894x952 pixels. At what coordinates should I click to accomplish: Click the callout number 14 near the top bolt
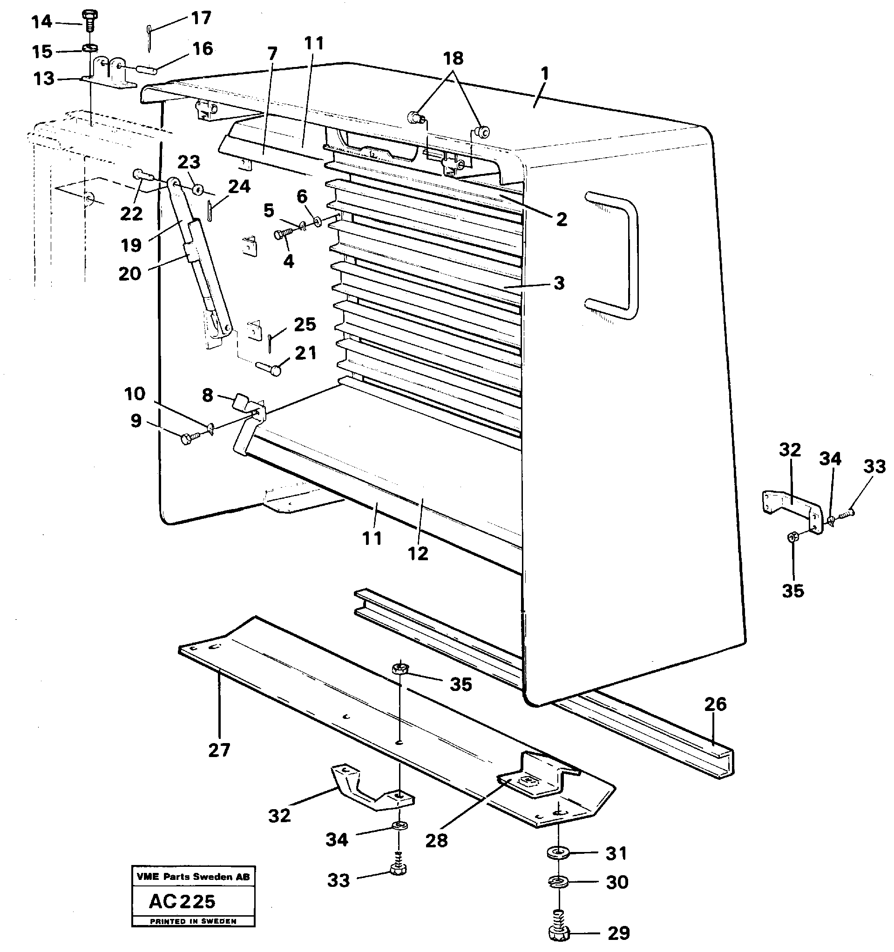pos(41,21)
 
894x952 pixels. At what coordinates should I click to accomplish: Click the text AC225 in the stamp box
pos(182,902)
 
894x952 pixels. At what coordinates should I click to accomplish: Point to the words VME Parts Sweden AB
pos(193,877)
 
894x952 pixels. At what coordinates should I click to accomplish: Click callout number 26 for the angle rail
pos(715,704)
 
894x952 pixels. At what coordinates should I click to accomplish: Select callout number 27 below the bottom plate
pos(219,750)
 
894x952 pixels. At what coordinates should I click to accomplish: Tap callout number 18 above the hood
pos(453,59)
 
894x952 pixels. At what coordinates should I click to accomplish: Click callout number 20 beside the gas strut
pos(130,274)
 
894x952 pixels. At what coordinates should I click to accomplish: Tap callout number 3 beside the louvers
pos(559,283)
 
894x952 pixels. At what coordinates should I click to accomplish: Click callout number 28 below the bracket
pos(436,840)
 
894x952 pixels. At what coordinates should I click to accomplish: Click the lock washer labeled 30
pos(558,881)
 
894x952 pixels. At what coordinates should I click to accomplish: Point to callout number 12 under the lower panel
pos(418,554)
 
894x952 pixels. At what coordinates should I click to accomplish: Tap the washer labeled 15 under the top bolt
pos(89,48)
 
